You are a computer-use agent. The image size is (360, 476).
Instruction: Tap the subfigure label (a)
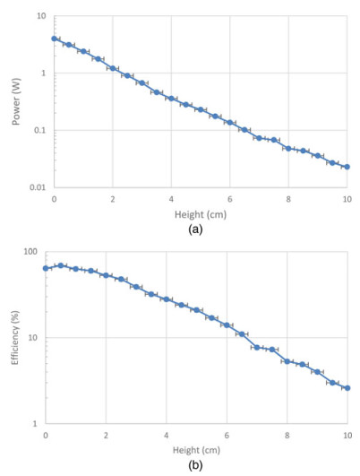[x=201, y=229]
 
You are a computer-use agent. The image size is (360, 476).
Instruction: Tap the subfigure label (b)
[x=195, y=465]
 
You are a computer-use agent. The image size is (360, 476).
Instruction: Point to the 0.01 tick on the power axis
[x=38, y=187]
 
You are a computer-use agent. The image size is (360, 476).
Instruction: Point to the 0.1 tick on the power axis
[x=40, y=131]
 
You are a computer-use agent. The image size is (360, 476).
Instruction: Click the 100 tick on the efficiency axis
[x=32, y=252]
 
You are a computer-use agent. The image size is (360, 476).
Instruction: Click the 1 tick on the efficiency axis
[x=37, y=423]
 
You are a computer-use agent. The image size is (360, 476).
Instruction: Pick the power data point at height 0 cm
[x=54, y=39]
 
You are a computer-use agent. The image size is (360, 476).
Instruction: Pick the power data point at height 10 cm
[x=347, y=167]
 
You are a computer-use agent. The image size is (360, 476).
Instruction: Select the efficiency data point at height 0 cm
[x=46, y=268]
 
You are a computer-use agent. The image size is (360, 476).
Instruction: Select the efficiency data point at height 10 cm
[x=347, y=388]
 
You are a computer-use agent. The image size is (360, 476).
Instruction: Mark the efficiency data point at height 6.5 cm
[x=242, y=334]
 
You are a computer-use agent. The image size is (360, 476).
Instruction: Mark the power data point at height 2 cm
[x=112, y=68]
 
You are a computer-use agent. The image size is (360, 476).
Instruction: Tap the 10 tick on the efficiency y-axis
[x=34, y=338]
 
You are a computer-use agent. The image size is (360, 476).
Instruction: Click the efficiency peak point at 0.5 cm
[x=61, y=265]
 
